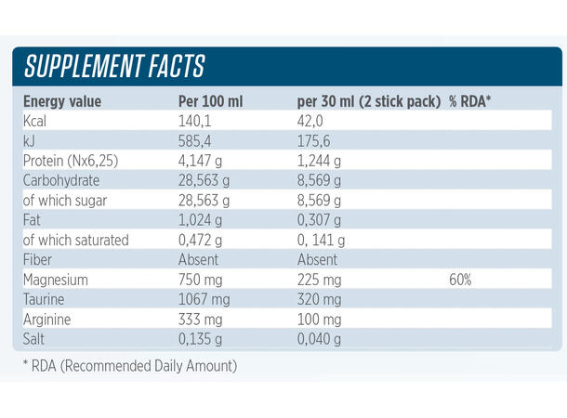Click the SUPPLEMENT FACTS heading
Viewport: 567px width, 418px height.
pyautogui.click(x=114, y=67)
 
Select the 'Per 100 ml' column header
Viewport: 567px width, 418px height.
pyautogui.click(x=210, y=101)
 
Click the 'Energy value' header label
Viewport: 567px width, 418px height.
pyautogui.click(x=62, y=101)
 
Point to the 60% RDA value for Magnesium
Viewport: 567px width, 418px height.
pyautogui.click(x=460, y=280)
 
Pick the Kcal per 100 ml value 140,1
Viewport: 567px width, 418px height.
pyautogui.click(x=195, y=121)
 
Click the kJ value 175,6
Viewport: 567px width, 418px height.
pyautogui.click(x=316, y=140)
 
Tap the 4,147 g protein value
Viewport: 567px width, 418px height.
pyautogui.click(x=204, y=161)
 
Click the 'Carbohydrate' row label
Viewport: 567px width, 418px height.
pyautogui.click(x=61, y=180)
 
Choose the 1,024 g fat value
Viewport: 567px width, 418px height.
pyautogui.click(x=204, y=220)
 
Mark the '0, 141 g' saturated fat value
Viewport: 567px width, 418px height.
pyautogui.click(x=321, y=240)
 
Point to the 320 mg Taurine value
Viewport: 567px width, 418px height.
pyautogui.click(x=320, y=299)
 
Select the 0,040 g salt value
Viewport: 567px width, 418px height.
pyautogui.click(x=320, y=338)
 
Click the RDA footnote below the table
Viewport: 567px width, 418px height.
pyautogui.click(x=130, y=365)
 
